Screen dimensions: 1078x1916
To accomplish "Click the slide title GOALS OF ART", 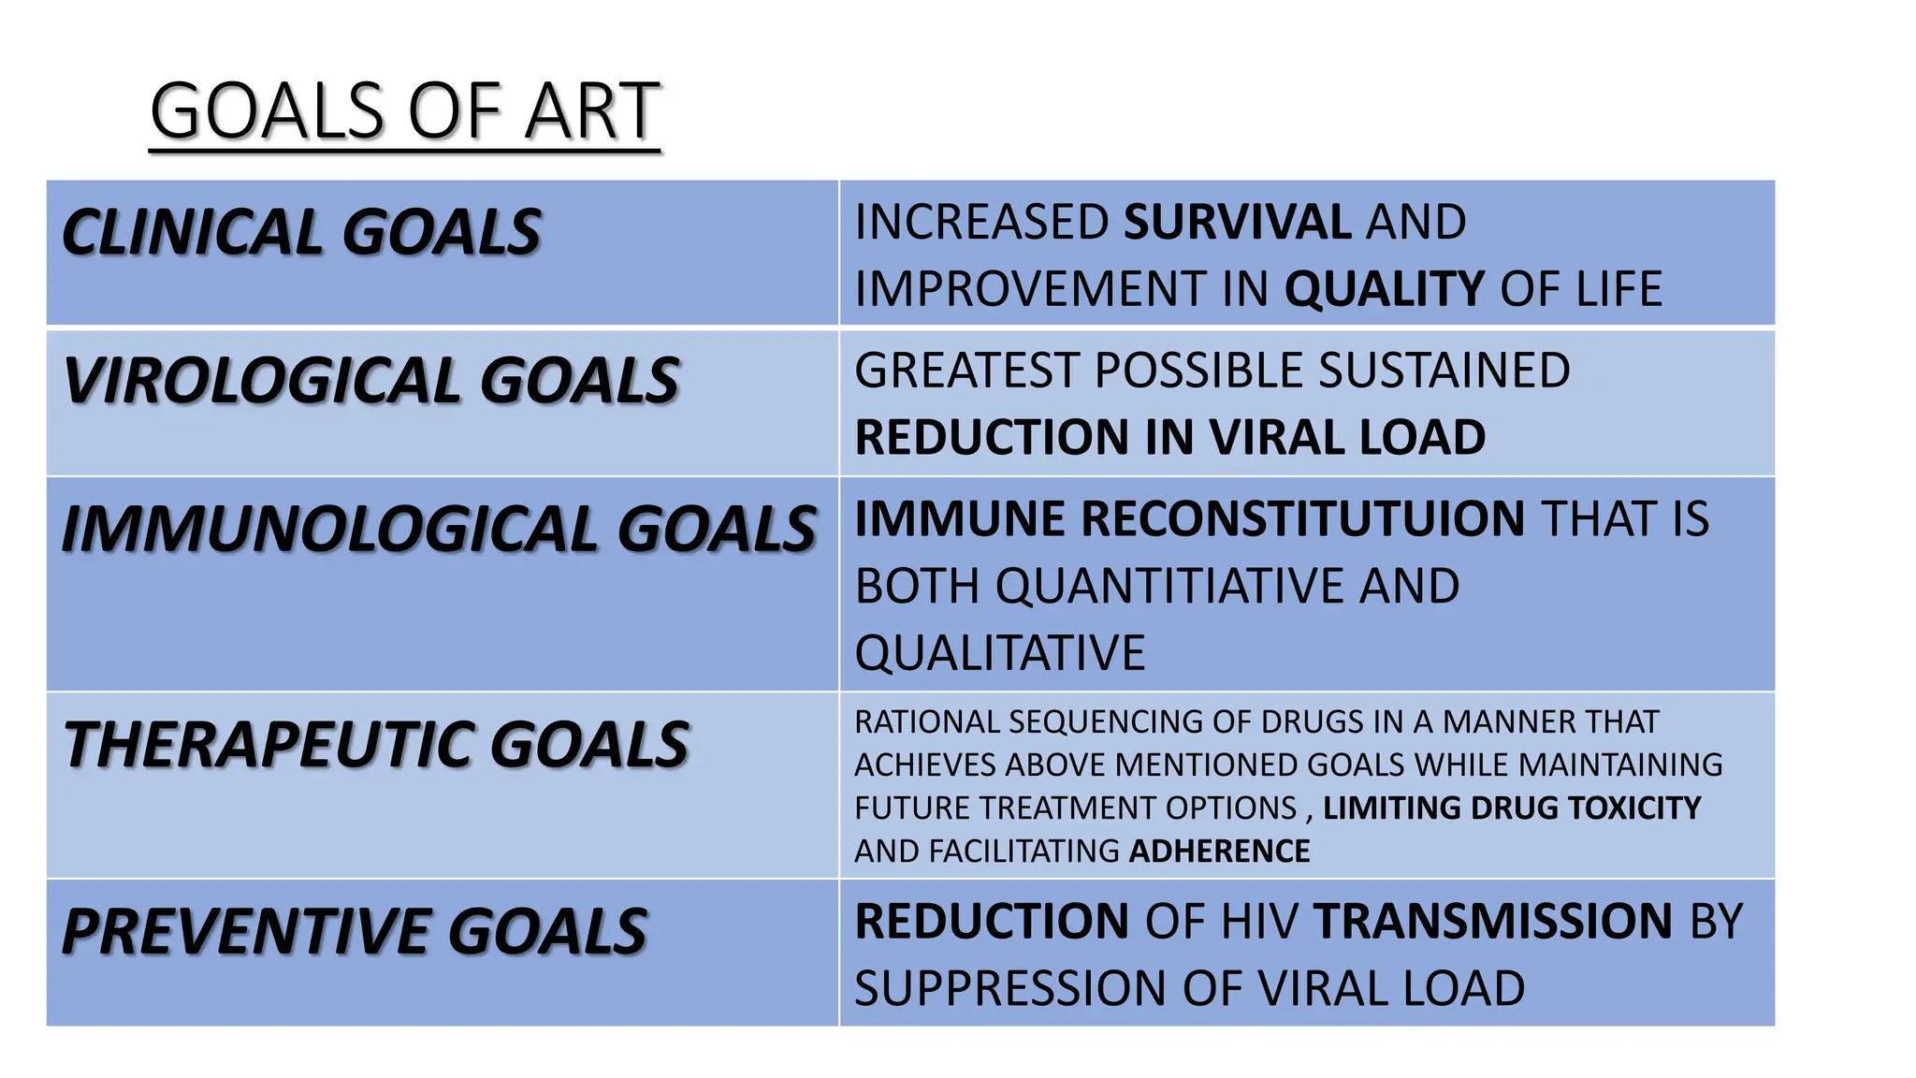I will click(x=404, y=111).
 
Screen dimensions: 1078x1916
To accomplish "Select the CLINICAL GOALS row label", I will click(x=300, y=232).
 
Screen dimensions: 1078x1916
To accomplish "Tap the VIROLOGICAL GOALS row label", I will click(x=370, y=381).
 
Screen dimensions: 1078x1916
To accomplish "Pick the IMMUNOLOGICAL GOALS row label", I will click(x=439, y=529).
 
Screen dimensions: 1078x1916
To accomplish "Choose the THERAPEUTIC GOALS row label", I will click(x=375, y=745).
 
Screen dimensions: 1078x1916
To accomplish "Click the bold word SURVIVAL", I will click(x=1237, y=223).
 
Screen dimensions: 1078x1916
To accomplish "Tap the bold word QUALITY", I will click(x=1384, y=289).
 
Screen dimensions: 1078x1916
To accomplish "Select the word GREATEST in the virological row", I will click(x=965, y=371).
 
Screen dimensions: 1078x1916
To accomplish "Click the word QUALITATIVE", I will click(x=999, y=653).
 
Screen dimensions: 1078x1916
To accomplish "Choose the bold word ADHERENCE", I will click(x=1219, y=851).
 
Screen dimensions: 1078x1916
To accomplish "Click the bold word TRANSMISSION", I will click(x=1492, y=922).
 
